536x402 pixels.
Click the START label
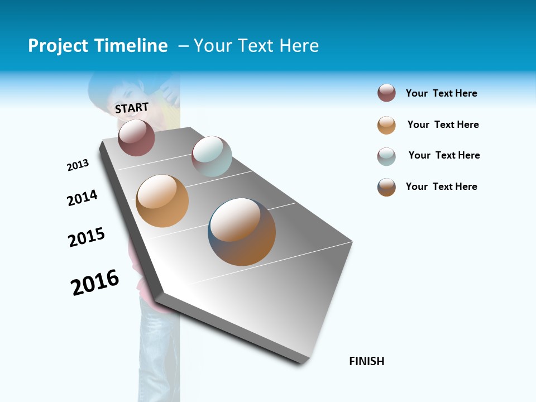132,108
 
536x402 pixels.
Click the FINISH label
367,361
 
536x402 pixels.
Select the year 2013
78,165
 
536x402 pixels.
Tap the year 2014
82,198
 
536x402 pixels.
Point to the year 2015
87,237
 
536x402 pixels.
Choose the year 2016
95,282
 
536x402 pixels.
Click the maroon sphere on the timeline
136,137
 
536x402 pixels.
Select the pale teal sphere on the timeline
212,156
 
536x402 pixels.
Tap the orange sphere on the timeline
162,201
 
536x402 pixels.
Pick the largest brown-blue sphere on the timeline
242,232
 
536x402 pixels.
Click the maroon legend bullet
386,93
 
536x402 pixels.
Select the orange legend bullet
386,125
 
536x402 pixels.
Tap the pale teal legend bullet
386,156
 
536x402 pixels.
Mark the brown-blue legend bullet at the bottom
386,187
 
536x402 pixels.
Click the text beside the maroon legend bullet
441,93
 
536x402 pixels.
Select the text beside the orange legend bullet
443,125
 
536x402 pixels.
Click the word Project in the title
58,46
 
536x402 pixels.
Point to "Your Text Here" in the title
256,46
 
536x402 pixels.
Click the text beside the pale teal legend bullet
444,155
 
